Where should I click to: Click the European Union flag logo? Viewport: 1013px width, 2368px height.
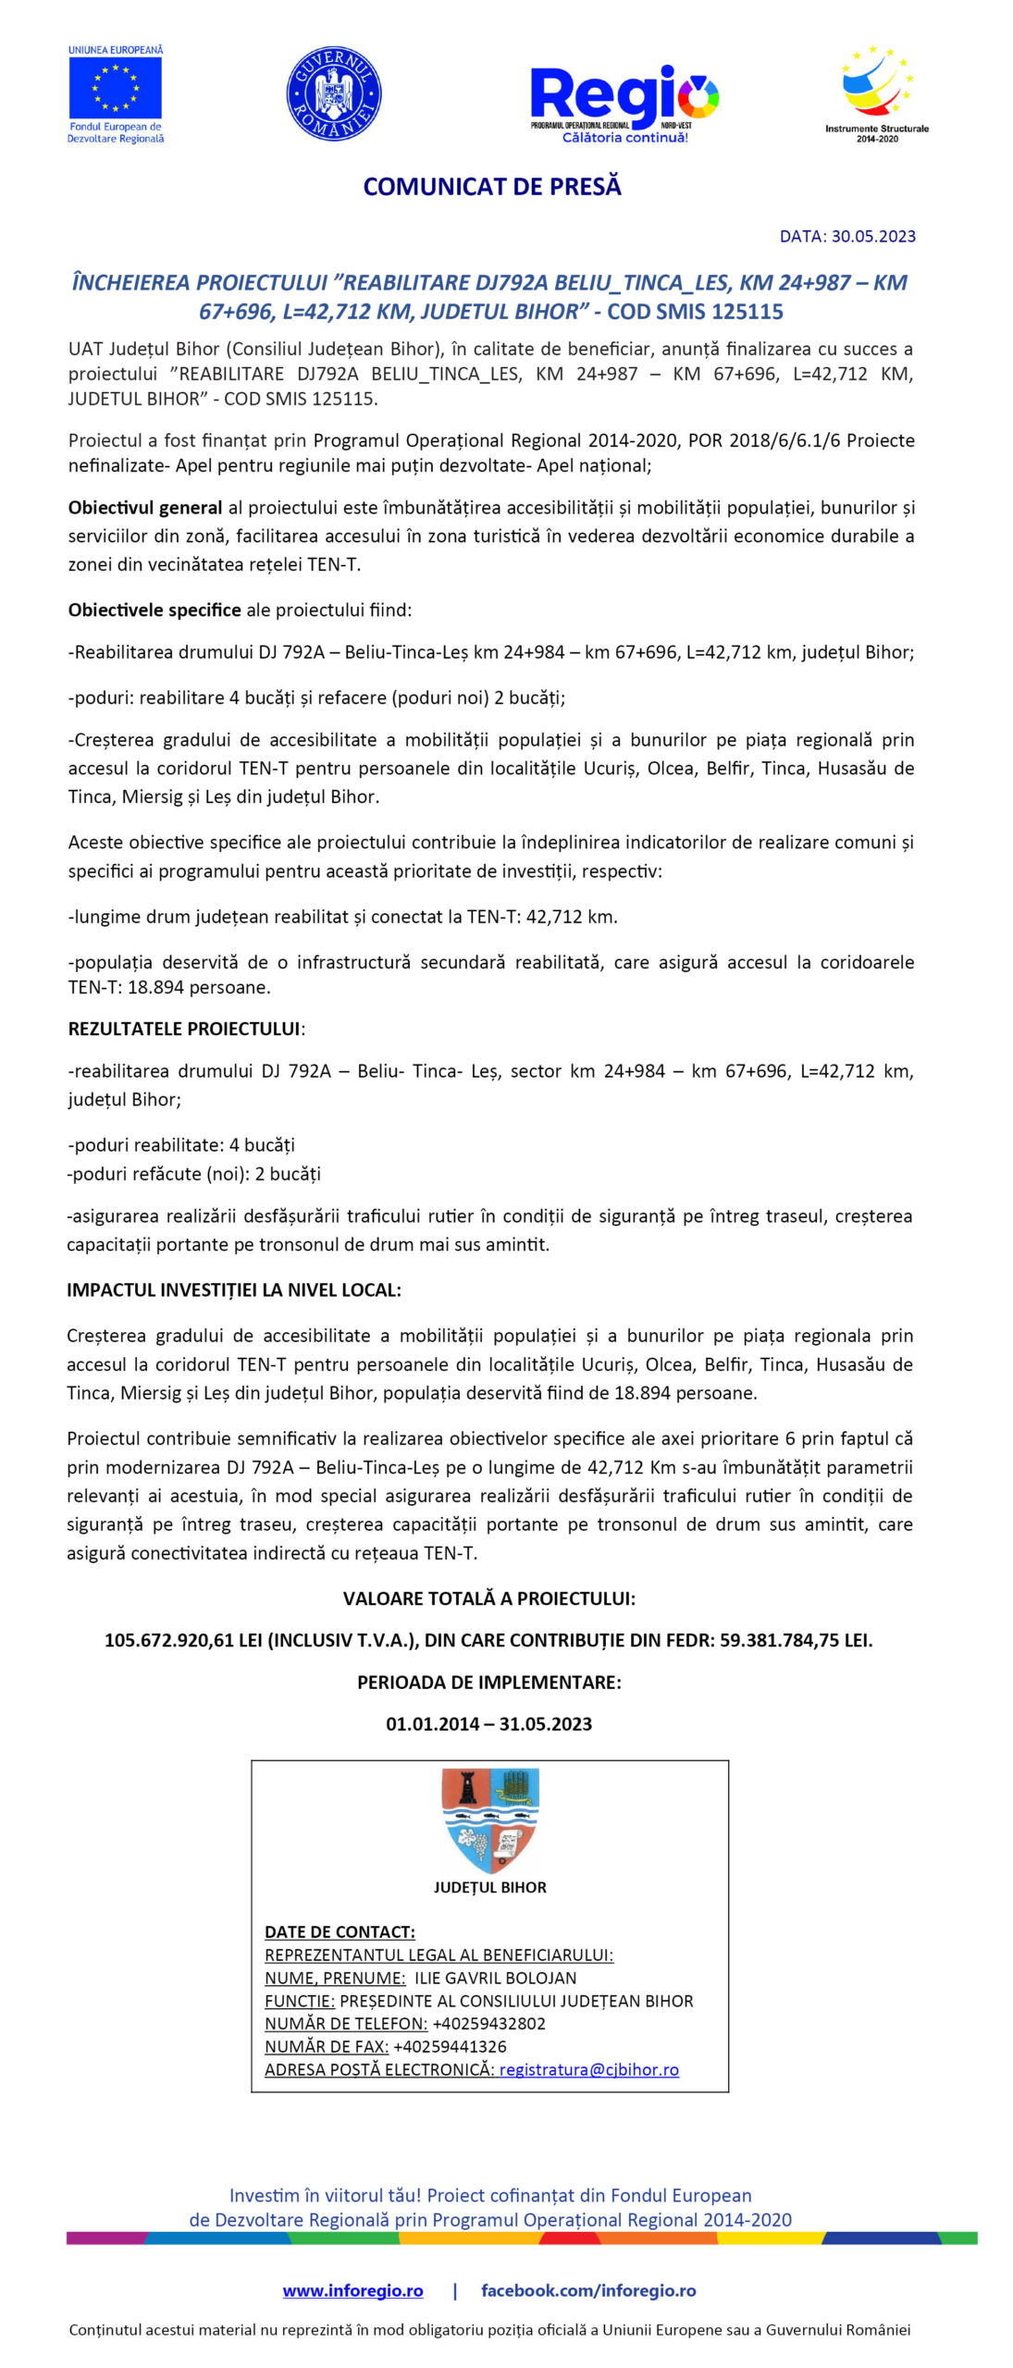coord(116,88)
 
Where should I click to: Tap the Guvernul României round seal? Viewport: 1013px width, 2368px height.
coord(334,93)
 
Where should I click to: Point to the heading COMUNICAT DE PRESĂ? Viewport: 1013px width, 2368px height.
coord(492,187)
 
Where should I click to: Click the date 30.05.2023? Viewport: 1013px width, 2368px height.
coord(873,236)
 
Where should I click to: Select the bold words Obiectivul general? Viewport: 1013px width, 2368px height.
coord(145,508)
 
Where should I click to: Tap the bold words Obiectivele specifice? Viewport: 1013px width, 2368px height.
coord(154,610)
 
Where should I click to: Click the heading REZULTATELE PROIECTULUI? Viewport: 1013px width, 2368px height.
coord(184,1029)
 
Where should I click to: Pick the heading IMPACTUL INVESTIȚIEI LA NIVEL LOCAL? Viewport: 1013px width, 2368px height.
coord(233,1290)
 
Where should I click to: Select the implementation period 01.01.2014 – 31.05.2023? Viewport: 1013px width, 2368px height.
coord(488,1723)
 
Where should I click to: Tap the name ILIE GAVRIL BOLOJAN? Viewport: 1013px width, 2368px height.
coord(495,1978)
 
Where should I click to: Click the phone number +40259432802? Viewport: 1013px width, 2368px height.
coord(488,2023)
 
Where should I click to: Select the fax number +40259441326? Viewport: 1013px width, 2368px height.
coord(450,2046)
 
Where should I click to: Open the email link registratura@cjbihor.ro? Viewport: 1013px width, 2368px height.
coord(588,2069)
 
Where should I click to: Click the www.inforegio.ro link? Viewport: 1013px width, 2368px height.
coord(352,2290)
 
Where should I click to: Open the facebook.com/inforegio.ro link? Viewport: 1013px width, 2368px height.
coord(588,2290)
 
